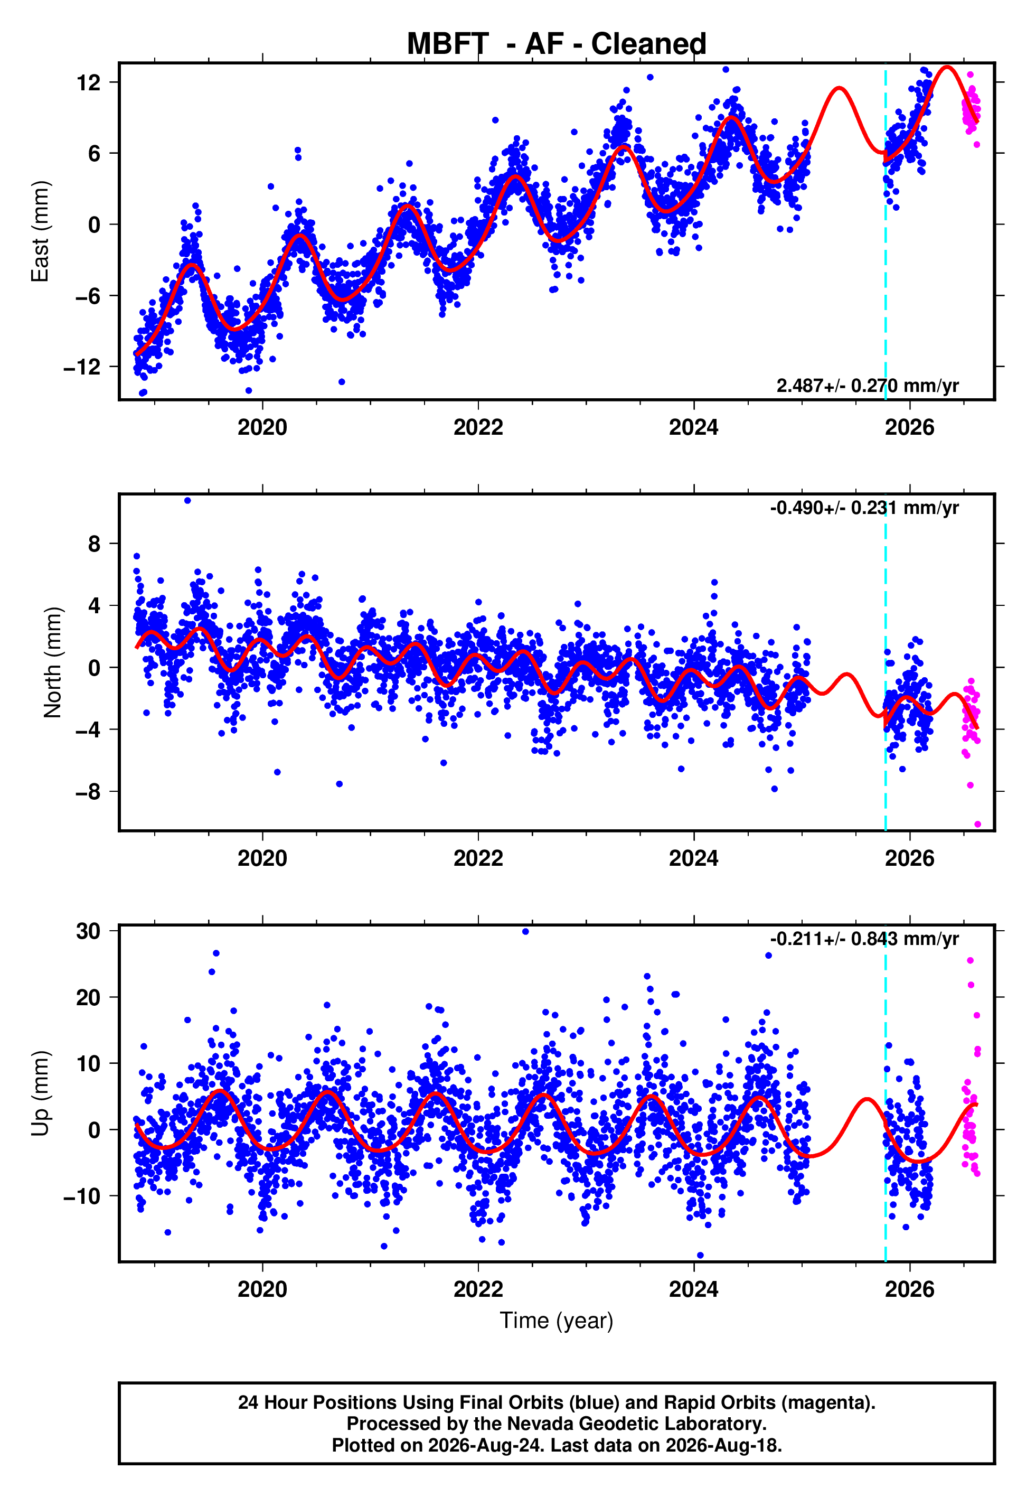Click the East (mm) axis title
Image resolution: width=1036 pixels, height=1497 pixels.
pos(40,231)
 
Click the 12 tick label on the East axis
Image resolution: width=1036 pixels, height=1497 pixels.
pos(88,82)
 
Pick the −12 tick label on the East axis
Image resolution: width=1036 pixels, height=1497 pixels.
pos(82,367)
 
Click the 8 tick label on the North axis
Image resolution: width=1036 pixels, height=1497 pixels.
pos(95,544)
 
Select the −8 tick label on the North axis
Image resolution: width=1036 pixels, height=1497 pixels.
pos(88,792)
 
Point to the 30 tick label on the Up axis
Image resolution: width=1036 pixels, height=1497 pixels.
pos(88,932)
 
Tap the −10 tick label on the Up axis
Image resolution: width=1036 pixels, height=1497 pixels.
pos(82,1196)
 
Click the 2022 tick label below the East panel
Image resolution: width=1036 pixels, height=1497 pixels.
pos(478,427)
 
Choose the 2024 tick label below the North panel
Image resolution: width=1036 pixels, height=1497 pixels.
pos(694,858)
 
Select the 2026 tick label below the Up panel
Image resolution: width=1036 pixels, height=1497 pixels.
pos(909,1289)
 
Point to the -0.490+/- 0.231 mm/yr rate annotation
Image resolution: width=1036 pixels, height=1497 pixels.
pos(864,508)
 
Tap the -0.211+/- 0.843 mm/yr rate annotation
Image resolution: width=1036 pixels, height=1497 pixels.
pos(864,939)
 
